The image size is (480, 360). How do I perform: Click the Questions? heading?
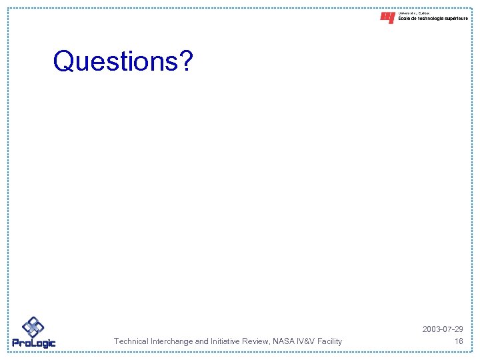pos(123,61)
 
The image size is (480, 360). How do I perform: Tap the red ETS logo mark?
pos(387,18)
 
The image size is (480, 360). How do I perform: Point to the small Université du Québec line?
pos(414,13)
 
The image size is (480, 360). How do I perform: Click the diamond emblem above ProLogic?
pos(33,327)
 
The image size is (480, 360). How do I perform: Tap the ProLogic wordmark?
pos(34,343)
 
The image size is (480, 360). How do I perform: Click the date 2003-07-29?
pos(443,330)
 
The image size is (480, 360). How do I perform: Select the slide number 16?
pos(458,341)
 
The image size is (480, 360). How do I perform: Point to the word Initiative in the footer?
pos(227,341)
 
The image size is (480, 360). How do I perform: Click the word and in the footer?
pos(202,341)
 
